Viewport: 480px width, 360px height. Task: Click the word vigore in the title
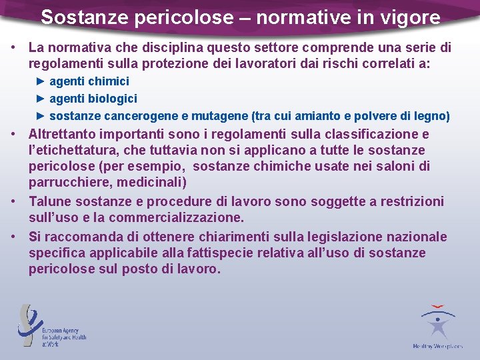[412, 17]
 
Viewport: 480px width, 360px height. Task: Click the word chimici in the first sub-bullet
[108, 81]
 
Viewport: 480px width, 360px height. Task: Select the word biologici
[111, 99]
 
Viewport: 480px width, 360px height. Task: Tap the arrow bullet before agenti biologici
[40, 99]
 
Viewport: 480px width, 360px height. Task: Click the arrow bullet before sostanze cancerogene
[40, 116]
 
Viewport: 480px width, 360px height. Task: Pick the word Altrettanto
[62, 133]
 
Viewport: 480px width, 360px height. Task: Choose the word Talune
[49, 201]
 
